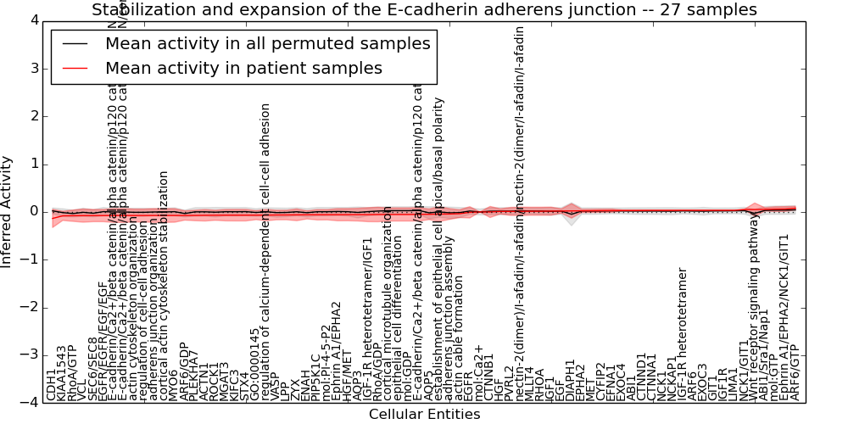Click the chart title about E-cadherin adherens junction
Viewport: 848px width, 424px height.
click(x=424, y=10)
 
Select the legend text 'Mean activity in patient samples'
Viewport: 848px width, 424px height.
click(x=243, y=68)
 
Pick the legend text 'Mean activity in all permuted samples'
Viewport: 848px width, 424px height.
click(x=267, y=43)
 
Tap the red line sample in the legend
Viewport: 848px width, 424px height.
click(x=75, y=69)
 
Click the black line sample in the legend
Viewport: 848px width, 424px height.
click(x=75, y=44)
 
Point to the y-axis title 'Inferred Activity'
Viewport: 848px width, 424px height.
click(x=8, y=212)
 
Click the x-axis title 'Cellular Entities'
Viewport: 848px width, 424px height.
click(x=424, y=414)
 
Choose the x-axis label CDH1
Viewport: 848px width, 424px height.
click(x=52, y=384)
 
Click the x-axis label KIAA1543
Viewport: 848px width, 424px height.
click(x=62, y=372)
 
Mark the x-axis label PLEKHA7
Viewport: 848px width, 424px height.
click(x=194, y=374)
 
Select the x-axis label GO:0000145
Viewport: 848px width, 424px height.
click(x=255, y=364)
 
